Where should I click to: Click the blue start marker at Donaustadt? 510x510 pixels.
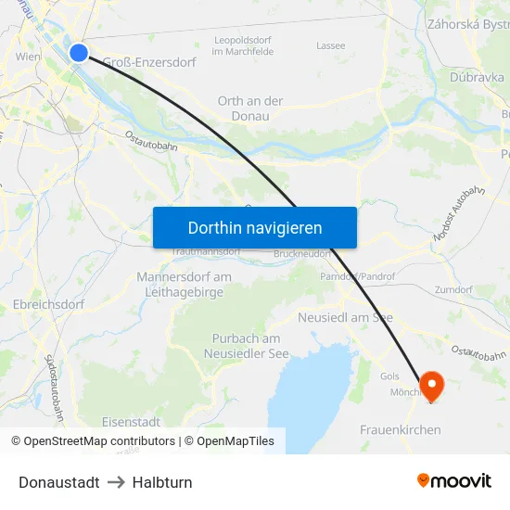(79, 53)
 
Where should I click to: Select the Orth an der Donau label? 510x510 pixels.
(250, 108)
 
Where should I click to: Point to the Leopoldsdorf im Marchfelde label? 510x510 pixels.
(243, 45)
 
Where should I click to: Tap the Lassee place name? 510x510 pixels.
(330, 45)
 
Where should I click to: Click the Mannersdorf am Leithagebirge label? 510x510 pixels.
(184, 284)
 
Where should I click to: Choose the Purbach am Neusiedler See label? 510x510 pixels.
(247, 346)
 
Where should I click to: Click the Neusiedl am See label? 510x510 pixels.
(345, 317)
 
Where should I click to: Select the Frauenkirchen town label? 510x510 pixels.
(400, 430)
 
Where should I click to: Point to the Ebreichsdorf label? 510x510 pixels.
(48, 304)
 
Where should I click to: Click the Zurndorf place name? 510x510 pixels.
(453, 289)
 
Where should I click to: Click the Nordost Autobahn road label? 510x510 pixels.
(459, 216)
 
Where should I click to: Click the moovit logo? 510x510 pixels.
(454, 481)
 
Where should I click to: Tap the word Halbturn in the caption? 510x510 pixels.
(162, 482)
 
